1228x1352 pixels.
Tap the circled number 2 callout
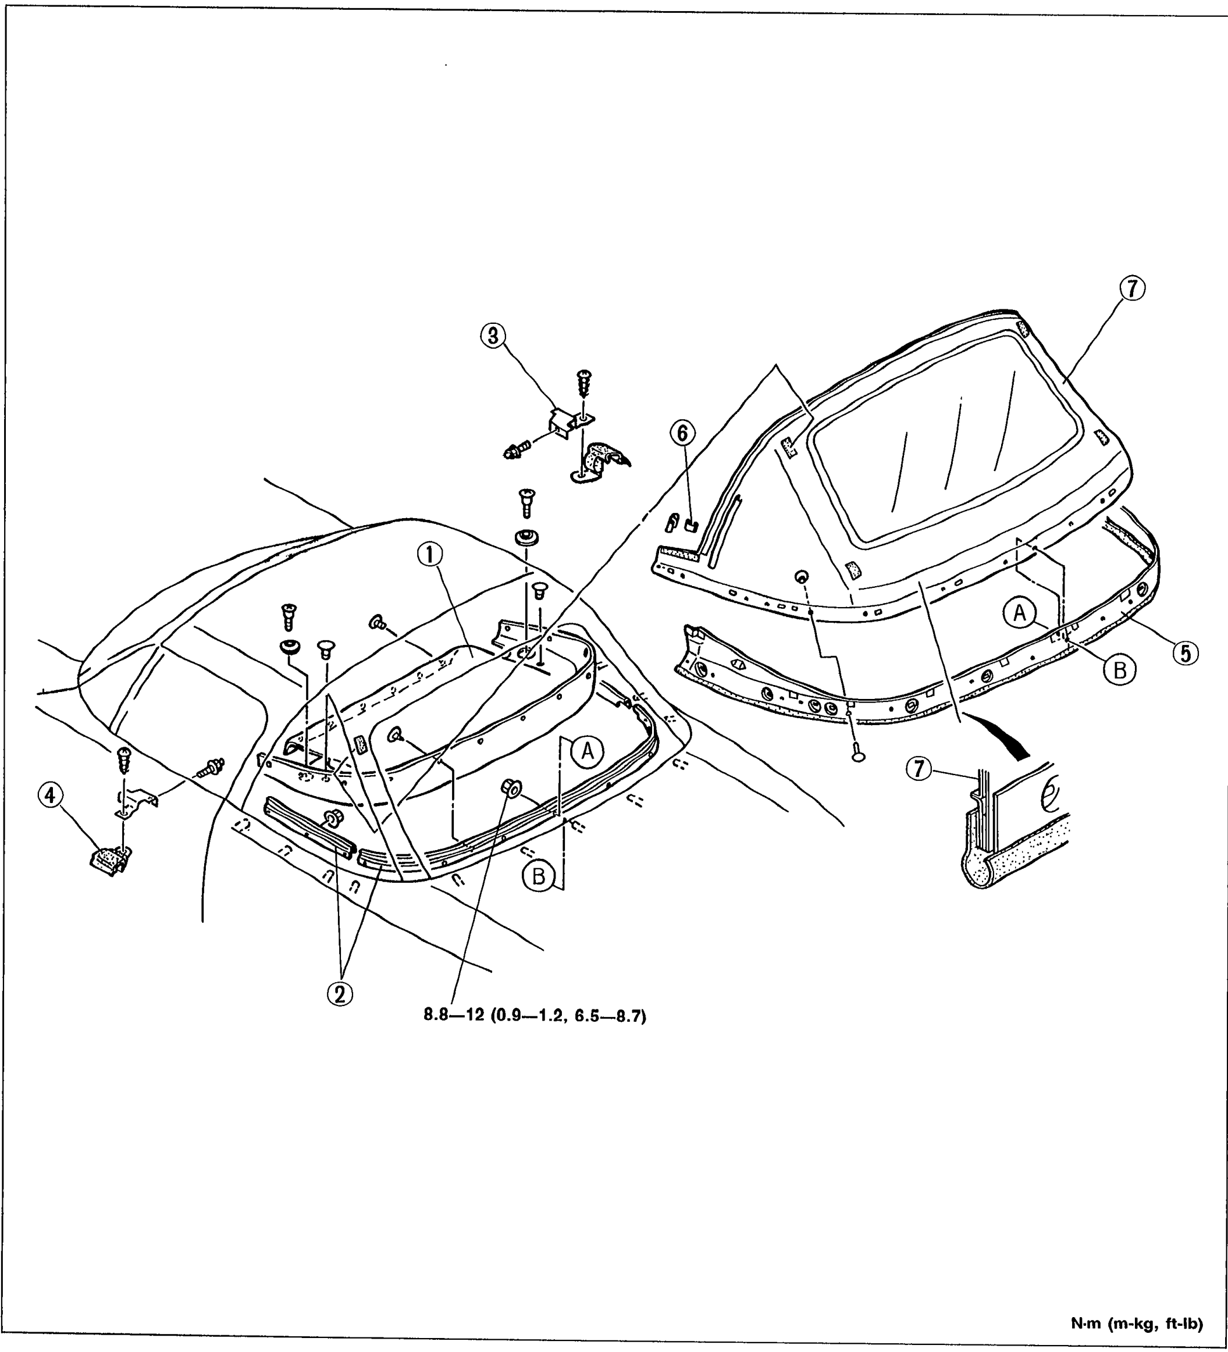[340, 993]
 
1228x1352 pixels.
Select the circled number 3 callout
[494, 336]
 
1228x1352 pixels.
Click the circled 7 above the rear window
[1132, 289]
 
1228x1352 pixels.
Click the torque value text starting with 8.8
[535, 1035]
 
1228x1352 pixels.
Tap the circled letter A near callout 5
[1020, 613]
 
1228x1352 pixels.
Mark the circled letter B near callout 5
[1120, 669]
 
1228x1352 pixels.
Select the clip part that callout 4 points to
[109, 861]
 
